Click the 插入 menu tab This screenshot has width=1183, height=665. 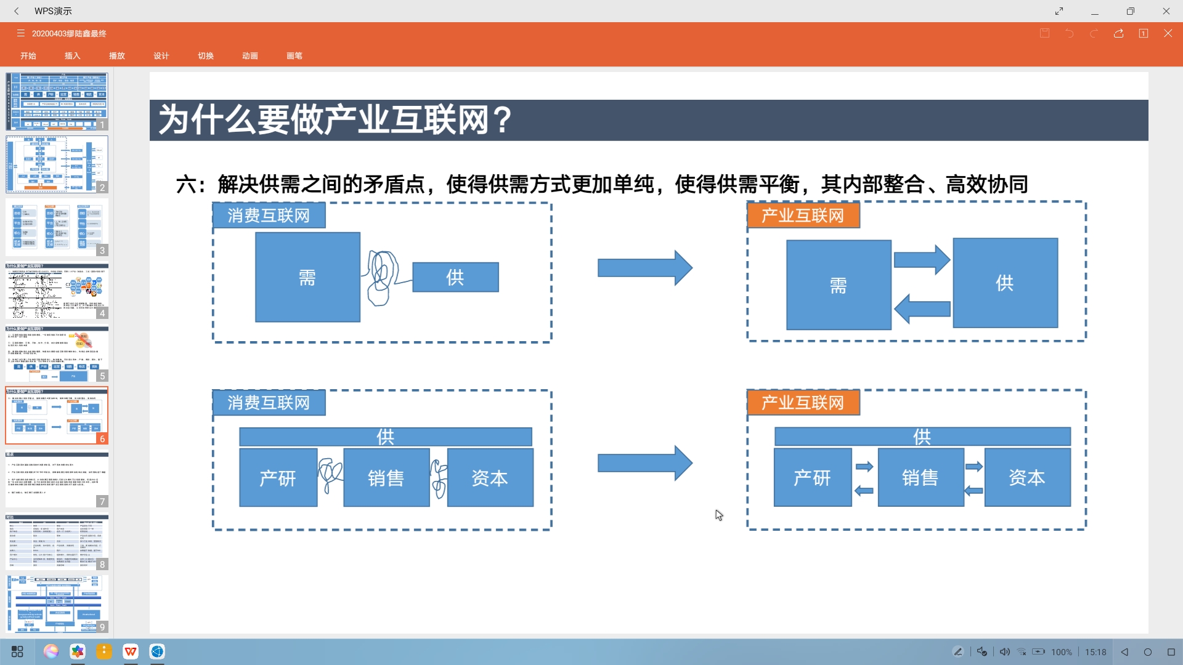click(72, 56)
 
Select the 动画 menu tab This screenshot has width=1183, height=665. click(250, 56)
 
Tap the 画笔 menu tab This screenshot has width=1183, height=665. click(295, 56)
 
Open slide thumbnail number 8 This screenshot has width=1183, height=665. click(57, 542)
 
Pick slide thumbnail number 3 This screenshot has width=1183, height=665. click(57, 227)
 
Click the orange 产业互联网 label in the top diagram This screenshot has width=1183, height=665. click(803, 216)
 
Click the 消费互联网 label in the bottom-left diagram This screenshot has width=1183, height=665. click(269, 403)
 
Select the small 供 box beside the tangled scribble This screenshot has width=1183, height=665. click(455, 277)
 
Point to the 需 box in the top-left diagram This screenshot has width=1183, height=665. click(307, 277)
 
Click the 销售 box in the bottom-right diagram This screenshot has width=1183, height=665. click(921, 477)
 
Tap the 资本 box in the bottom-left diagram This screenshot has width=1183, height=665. click(490, 478)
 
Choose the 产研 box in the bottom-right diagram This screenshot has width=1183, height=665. click(812, 477)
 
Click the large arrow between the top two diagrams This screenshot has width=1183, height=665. click(644, 268)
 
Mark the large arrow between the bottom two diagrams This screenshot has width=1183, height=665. click(644, 463)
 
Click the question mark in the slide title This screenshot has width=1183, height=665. click(503, 119)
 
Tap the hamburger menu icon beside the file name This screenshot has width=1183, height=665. click(20, 33)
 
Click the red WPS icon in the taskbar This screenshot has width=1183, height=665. click(131, 651)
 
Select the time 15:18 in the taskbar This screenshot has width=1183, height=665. click(1096, 652)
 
